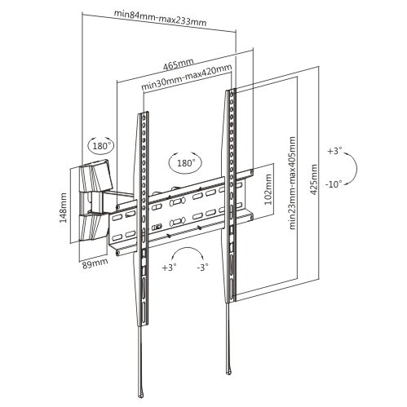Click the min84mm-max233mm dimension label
point(160,18)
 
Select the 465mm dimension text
point(178,64)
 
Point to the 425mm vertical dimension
point(314,179)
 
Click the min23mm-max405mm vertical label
point(292,183)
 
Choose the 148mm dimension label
point(64,208)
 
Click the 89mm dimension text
point(95,263)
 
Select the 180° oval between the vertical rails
point(185,163)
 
